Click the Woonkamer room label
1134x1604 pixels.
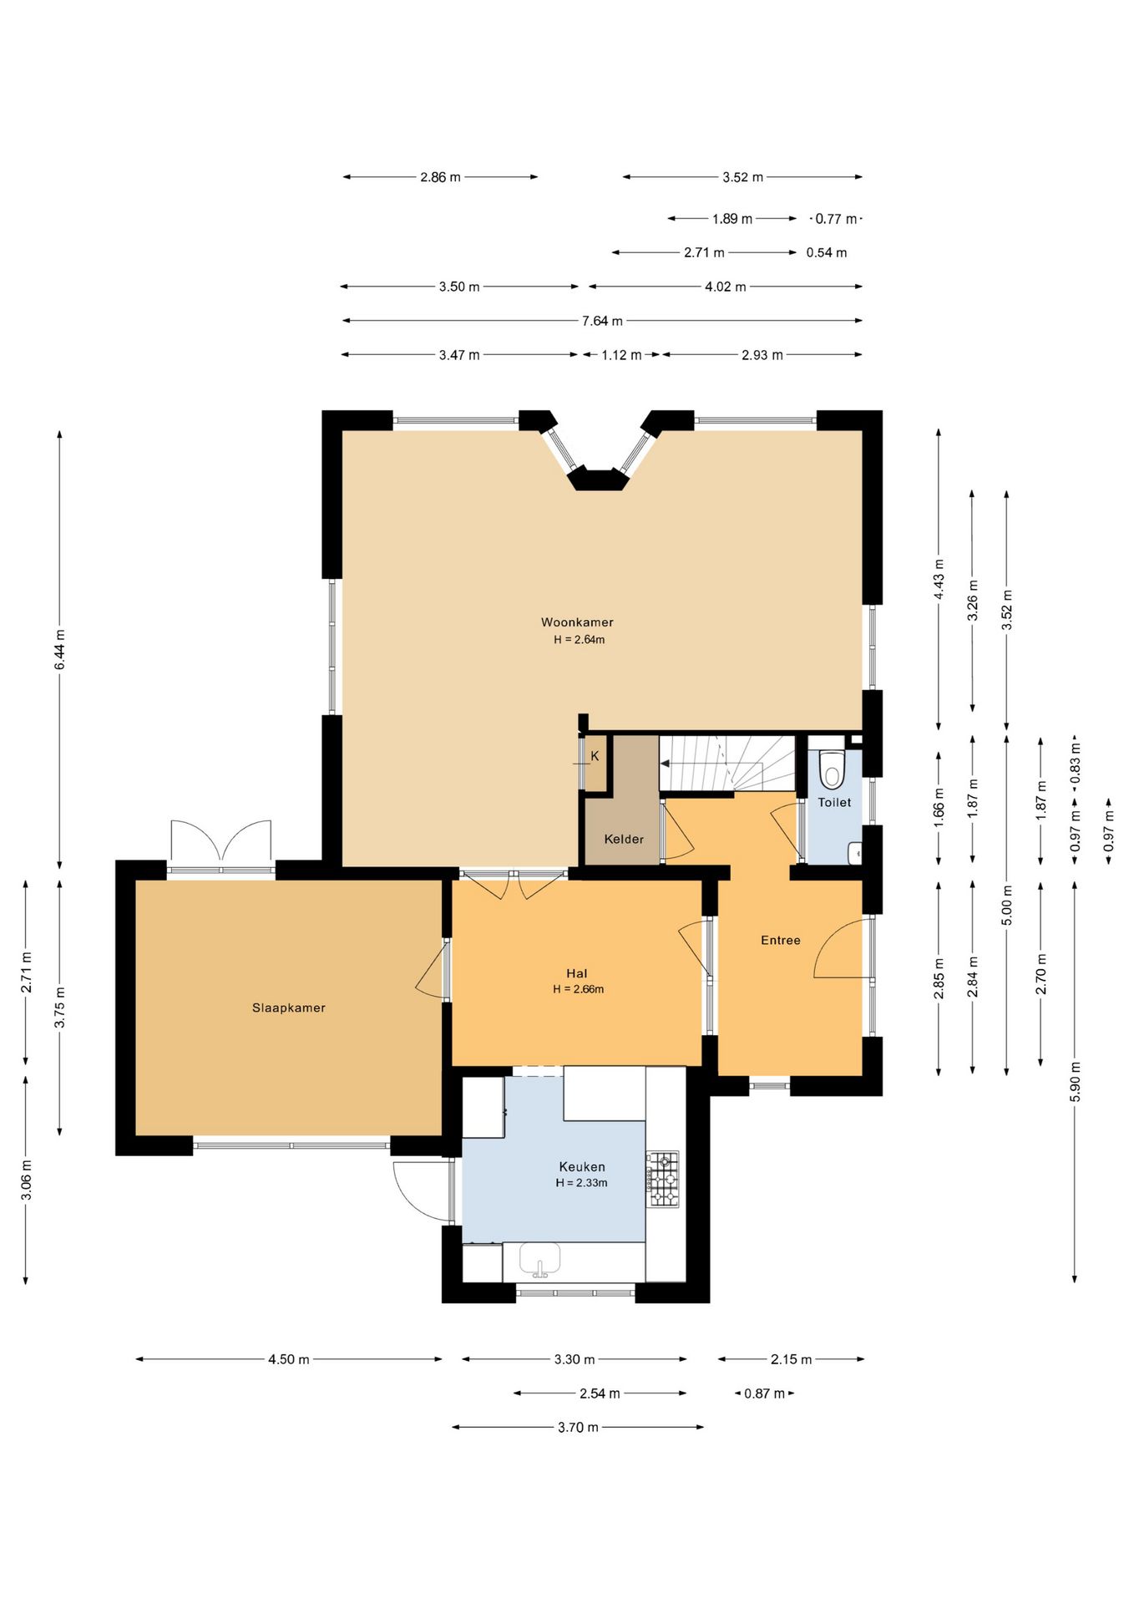577,622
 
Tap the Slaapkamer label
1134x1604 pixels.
289,1008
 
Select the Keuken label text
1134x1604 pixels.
582,1167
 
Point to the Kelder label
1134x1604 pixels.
624,840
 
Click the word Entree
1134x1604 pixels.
781,941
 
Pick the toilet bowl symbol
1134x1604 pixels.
832,769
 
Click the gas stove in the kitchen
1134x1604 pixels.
663,1179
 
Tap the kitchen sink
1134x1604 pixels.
539,1259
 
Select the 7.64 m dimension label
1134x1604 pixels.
602,321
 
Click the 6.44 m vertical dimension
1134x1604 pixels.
59,649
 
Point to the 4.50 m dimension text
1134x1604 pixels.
289,1360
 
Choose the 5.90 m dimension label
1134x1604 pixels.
1075,1082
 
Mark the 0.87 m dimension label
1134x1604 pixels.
765,1393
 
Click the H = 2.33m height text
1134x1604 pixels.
581,1183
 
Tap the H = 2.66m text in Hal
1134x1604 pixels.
578,989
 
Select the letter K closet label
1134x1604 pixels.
595,756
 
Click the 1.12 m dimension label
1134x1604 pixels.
622,355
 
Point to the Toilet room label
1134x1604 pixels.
834,803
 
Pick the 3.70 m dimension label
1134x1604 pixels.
578,1428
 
